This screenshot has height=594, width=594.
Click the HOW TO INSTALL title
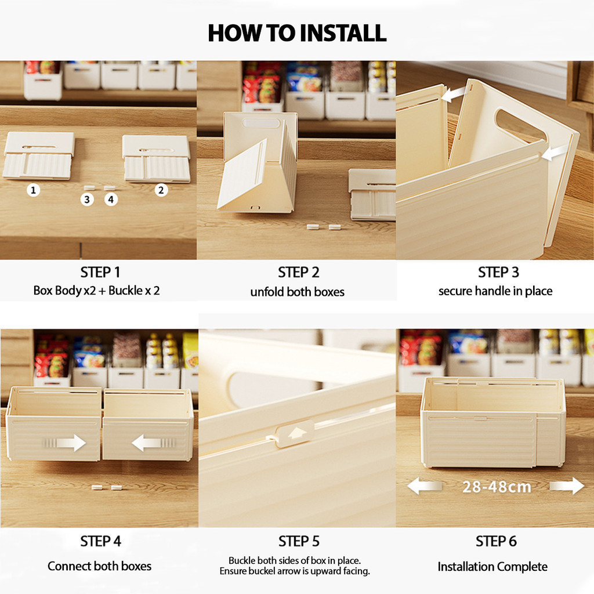pyautogui.click(x=298, y=33)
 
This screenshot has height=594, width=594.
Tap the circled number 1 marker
pyautogui.click(x=33, y=190)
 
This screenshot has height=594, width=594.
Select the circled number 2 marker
pyautogui.click(x=161, y=190)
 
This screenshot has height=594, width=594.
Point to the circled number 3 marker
pyautogui.click(x=87, y=200)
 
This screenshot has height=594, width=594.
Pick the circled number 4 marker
pyautogui.click(x=111, y=200)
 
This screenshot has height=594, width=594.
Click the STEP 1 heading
pyautogui.click(x=100, y=273)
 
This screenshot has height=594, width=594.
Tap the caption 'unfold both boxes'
pyautogui.click(x=298, y=292)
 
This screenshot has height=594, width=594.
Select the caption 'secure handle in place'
pyautogui.click(x=495, y=291)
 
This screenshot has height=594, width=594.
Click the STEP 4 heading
pyautogui.click(x=100, y=541)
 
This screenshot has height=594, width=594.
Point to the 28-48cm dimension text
pyautogui.click(x=497, y=487)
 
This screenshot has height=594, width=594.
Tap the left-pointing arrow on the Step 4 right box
pyautogui.click(x=153, y=443)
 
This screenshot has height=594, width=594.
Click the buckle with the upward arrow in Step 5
pyautogui.click(x=295, y=434)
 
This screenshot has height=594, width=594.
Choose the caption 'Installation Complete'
pyautogui.click(x=492, y=567)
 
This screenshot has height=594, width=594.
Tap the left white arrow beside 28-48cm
pyautogui.click(x=424, y=486)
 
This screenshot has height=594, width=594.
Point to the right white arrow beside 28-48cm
pyautogui.click(x=567, y=486)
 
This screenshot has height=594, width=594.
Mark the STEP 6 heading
pyautogui.click(x=497, y=541)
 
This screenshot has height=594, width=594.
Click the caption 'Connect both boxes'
pyautogui.click(x=99, y=566)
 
